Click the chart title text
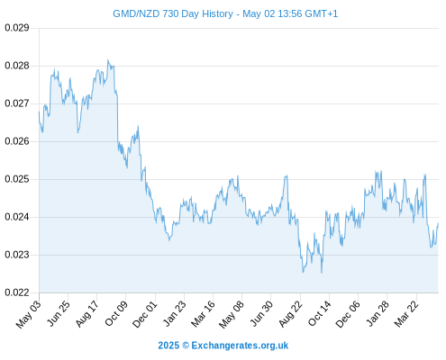[x=225, y=13]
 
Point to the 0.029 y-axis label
[x=17, y=28]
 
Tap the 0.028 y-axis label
[x=17, y=66]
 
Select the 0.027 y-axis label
[x=17, y=103]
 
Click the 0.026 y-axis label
[x=17, y=141]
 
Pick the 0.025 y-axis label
[x=17, y=179]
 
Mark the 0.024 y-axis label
[x=17, y=217]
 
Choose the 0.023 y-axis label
[x=17, y=255]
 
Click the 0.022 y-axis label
[x=17, y=292]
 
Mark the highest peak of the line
[x=108, y=59]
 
